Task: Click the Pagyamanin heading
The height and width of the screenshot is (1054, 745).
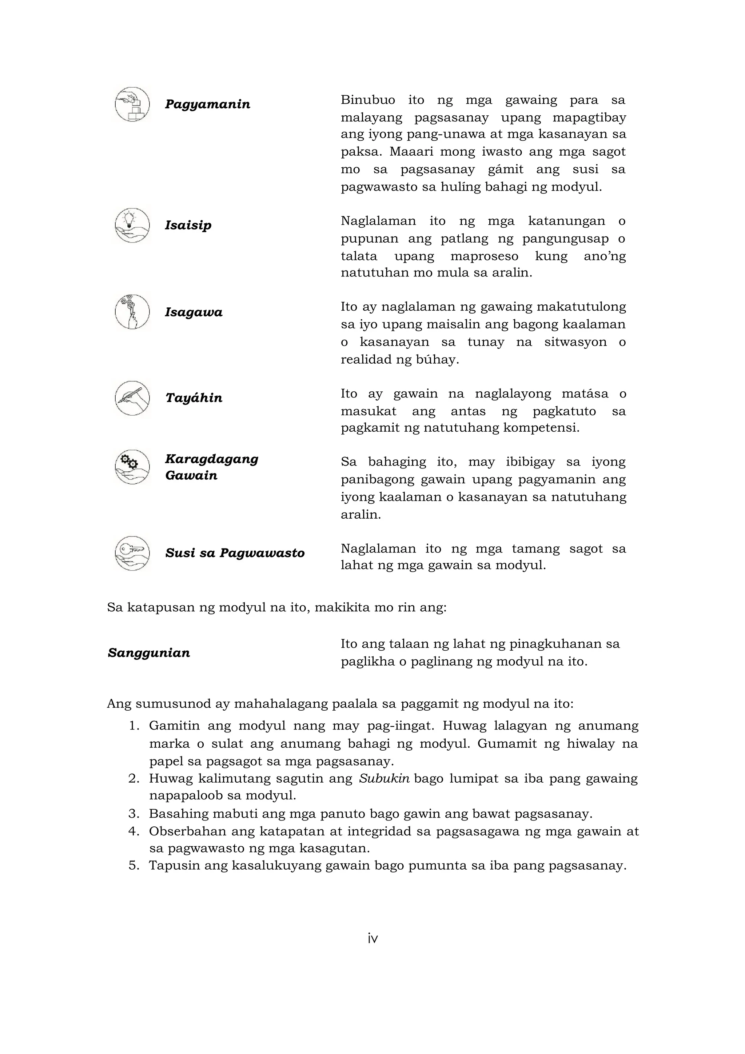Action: tap(207, 105)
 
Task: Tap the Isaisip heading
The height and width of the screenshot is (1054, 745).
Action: tap(188, 225)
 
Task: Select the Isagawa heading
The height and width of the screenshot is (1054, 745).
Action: tap(194, 313)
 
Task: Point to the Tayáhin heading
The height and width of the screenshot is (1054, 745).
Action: tap(194, 398)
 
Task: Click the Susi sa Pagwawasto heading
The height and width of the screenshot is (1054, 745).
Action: tap(235, 553)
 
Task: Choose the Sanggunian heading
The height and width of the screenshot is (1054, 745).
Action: tap(149, 653)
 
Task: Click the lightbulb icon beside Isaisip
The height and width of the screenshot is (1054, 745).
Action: tap(132, 225)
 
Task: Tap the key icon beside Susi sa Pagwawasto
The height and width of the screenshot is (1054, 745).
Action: tap(132, 553)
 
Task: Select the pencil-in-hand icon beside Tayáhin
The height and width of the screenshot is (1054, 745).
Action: tap(132, 398)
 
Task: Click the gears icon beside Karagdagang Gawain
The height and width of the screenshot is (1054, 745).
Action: tap(132, 467)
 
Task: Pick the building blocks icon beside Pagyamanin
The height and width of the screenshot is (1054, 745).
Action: tap(132, 105)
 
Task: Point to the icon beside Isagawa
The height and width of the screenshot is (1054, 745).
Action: tap(132, 312)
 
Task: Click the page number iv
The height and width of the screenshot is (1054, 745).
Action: tap(372, 939)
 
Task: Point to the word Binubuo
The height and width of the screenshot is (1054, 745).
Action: tap(365, 100)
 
